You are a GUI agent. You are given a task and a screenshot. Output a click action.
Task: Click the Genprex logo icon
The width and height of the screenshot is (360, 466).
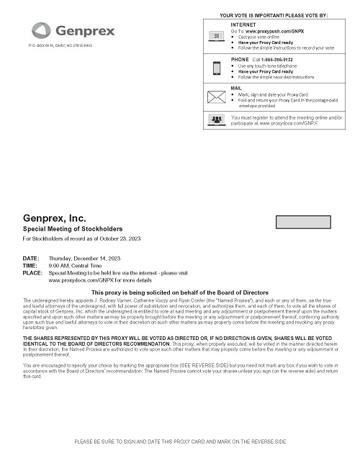42,30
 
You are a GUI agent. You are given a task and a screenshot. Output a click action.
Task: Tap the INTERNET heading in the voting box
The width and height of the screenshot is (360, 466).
242,24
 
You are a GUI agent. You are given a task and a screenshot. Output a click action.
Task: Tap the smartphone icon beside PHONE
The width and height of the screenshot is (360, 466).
217,68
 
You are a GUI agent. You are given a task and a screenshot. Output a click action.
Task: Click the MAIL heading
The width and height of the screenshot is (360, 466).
237,87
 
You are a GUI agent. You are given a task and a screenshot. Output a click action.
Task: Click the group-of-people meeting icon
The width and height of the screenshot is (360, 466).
217,119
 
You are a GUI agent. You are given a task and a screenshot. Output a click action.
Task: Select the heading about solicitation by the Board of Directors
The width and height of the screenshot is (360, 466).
180,292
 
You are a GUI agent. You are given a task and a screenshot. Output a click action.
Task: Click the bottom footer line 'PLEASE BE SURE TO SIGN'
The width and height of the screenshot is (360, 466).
180,441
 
